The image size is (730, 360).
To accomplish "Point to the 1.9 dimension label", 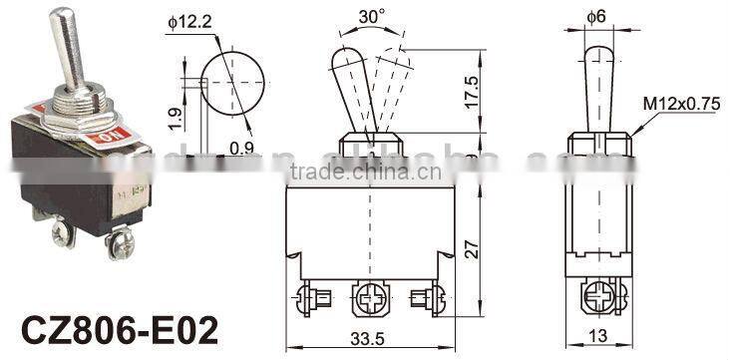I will pos(176,119).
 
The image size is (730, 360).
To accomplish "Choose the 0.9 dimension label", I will pos(239,149).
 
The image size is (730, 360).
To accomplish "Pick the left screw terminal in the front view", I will pos(308,296).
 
